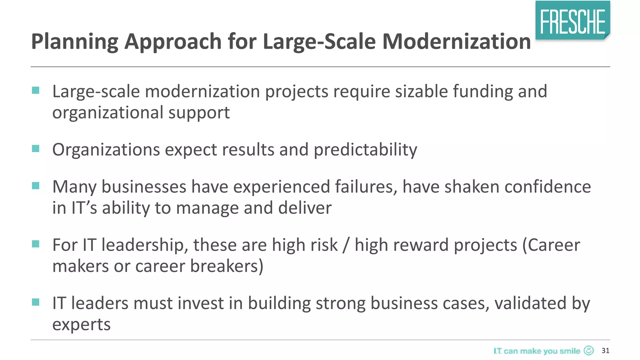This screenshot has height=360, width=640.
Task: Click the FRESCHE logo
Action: click(572, 21)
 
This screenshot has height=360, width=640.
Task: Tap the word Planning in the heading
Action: click(75, 42)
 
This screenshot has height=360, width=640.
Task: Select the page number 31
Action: click(605, 351)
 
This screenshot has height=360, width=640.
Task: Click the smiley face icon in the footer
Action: click(589, 351)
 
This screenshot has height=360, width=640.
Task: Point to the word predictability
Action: click(365, 150)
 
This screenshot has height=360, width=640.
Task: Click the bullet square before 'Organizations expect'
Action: click(36, 148)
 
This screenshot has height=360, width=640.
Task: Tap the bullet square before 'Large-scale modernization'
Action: click(36, 90)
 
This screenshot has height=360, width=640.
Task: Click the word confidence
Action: click(547, 187)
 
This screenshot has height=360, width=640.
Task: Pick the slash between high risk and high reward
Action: click(346, 245)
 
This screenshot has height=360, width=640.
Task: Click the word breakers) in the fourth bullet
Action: click(227, 266)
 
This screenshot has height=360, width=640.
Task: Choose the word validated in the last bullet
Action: click(530, 303)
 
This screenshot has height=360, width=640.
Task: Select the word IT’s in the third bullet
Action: click(84, 208)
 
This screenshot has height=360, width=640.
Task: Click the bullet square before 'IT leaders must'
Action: click(36, 302)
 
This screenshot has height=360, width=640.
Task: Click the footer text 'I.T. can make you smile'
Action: click(537, 351)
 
